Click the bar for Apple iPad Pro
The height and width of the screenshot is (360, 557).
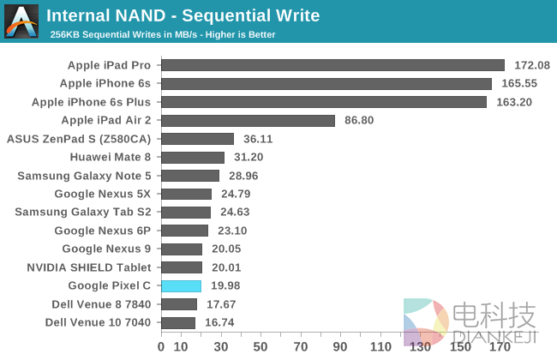click(332, 65)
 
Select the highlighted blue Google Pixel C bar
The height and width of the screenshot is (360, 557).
click(181, 286)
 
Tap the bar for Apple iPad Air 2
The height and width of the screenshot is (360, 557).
click(248, 121)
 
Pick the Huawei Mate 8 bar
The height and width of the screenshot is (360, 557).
click(192, 158)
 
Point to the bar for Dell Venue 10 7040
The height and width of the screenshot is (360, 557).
click(178, 323)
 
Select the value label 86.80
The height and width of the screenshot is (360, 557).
click(359, 121)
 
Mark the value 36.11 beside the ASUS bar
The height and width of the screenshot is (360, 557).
click(258, 139)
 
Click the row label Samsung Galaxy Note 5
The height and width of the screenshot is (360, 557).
click(85, 176)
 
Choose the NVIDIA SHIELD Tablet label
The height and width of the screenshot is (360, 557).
click(91, 267)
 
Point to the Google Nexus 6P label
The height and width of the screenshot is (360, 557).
click(102, 231)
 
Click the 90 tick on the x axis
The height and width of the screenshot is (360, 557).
click(340, 347)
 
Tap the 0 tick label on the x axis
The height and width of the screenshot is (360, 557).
click(161, 347)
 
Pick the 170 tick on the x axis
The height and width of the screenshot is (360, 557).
click(500, 347)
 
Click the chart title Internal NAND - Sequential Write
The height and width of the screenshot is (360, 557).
click(183, 15)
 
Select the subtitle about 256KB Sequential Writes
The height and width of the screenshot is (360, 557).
click(161, 34)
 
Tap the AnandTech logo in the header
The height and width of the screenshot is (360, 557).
click(21, 21)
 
